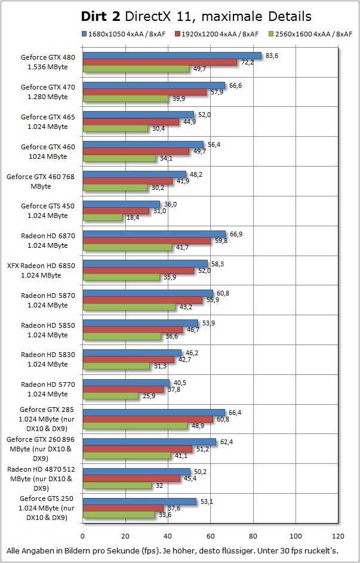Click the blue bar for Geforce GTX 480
[172, 56]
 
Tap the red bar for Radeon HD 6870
[146, 241]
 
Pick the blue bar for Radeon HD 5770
[126, 383]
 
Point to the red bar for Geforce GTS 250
[123, 508]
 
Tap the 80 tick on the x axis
[253, 536]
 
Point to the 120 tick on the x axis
[339, 536]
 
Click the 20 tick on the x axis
[125, 536]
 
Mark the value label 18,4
[133, 218]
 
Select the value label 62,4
[227, 442]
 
